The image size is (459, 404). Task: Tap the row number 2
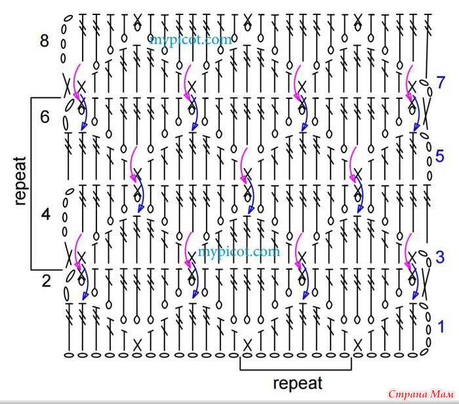47,281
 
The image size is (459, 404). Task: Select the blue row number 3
440,257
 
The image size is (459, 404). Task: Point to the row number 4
46,214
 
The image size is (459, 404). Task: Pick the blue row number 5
440,156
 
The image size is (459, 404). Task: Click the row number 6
45,117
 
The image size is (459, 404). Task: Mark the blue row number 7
441,82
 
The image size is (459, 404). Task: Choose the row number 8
45,41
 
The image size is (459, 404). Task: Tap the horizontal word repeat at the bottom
298,384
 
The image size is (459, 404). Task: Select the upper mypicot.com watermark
191,39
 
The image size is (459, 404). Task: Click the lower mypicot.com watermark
239,252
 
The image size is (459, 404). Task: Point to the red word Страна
408,394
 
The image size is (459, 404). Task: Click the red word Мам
443,394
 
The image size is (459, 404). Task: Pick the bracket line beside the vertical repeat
31,183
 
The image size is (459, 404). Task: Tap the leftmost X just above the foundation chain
137,345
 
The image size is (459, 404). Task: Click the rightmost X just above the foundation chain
357,345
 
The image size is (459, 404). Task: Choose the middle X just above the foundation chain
247,345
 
